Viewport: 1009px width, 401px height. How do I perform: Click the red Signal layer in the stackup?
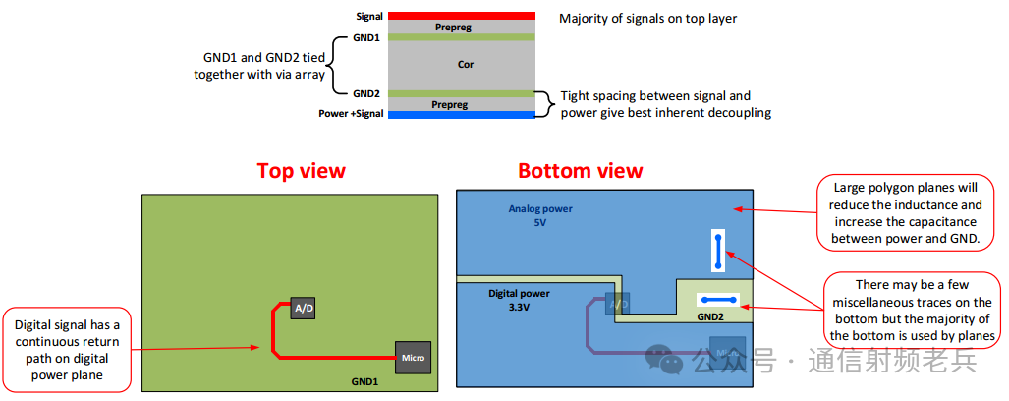pyautogui.click(x=462, y=16)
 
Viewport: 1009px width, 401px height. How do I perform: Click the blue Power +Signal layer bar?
pyautogui.click(x=462, y=115)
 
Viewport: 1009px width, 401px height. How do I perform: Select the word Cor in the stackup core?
pyautogui.click(x=466, y=65)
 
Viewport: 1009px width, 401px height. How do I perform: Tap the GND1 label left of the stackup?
pyautogui.click(x=365, y=37)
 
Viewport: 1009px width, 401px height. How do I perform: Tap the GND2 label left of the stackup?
pyautogui.click(x=365, y=93)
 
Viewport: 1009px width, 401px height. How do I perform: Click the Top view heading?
pyautogui.click(x=301, y=170)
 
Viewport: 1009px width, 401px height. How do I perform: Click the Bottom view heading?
pyautogui.click(x=580, y=170)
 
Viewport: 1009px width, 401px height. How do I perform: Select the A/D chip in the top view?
pyautogui.click(x=303, y=309)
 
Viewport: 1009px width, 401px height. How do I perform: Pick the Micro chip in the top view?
pyautogui.click(x=413, y=357)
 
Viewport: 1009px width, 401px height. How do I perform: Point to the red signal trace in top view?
pyautogui.click(x=273, y=334)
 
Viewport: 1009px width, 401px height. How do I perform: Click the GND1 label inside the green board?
pyautogui.click(x=364, y=380)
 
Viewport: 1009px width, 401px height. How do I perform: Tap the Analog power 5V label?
pyautogui.click(x=540, y=215)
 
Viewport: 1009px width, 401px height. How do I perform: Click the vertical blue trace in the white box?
pyautogui.click(x=719, y=252)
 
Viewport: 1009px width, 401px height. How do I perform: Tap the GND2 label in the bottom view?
pyautogui.click(x=709, y=317)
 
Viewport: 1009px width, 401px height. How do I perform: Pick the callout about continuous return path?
pyautogui.click(x=67, y=349)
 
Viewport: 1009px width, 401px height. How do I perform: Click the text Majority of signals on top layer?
pyautogui.click(x=647, y=18)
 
